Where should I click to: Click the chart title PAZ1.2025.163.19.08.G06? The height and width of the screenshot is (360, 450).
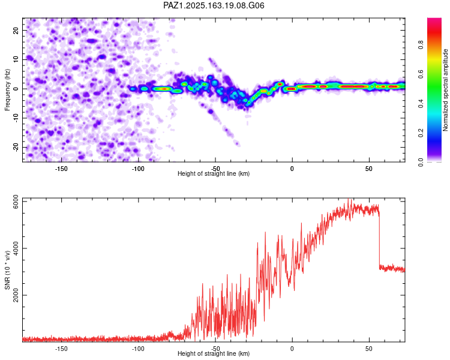[x=214, y=5]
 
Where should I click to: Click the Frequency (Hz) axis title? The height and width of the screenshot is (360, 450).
[x=7, y=90]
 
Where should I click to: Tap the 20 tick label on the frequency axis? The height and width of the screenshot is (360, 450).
[x=16, y=31]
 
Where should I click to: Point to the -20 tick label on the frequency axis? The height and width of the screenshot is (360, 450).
[x=16, y=148]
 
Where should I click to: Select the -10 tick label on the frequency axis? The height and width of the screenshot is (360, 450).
[x=16, y=118]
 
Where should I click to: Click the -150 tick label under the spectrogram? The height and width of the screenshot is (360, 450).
[x=61, y=169]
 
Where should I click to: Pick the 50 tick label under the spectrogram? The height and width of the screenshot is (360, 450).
[x=369, y=169]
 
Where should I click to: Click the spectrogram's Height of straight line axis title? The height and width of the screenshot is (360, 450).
[x=214, y=173]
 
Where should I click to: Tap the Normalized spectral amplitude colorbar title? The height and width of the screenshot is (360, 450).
[x=445, y=90]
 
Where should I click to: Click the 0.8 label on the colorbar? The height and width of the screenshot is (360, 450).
[x=421, y=45]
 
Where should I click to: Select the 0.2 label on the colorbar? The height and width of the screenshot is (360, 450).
[x=421, y=133]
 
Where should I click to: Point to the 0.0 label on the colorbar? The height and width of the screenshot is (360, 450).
[x=421, y=163]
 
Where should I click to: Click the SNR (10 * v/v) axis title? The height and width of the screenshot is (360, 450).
[x=7, y=270]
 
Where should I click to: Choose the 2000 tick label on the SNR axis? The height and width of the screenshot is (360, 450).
[x=16, y=295]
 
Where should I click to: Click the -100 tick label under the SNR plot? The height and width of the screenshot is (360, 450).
[x=138, y=349]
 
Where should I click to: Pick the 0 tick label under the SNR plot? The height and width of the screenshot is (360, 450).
[x=292, y=349]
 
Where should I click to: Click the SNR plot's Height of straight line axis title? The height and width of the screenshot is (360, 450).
[x=214, y=353]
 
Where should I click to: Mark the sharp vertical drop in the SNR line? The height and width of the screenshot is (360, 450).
[x=379, y=240]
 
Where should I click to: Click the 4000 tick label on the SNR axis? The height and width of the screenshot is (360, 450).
[x=16, y=248]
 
